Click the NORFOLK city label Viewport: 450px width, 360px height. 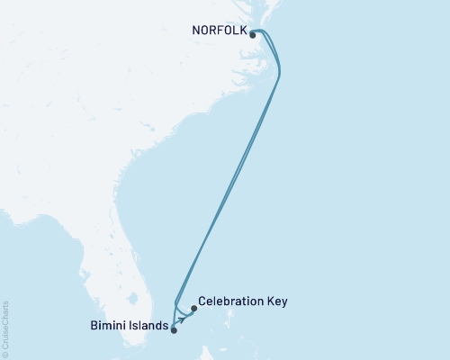coord(219,29)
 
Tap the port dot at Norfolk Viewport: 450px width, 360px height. coord(254,35)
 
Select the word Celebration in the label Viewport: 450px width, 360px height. coord(230,301)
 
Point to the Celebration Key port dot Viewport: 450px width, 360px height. coord(193,309)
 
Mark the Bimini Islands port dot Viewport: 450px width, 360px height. coord(174,329)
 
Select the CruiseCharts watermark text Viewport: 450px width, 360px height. coord(5,329)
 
